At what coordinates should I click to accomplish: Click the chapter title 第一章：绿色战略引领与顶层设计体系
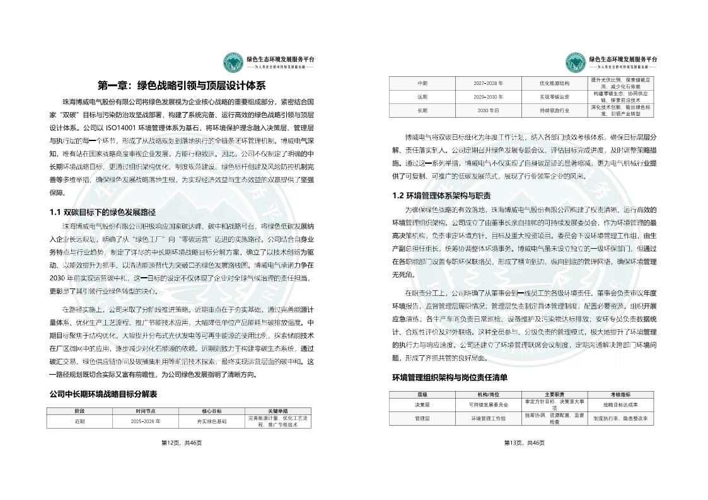point(182,85)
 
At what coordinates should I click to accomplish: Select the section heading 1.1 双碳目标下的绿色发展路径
point(102,212)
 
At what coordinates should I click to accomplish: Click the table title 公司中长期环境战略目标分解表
point(103,394)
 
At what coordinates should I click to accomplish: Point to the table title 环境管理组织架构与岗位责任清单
point(450,377)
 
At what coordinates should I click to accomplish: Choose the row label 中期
point(422,83)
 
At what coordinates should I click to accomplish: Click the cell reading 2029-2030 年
point(489,97)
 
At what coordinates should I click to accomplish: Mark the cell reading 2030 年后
point(489,110)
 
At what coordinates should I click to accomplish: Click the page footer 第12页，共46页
point(182,443)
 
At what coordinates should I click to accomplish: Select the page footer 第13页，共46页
point(524,443)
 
